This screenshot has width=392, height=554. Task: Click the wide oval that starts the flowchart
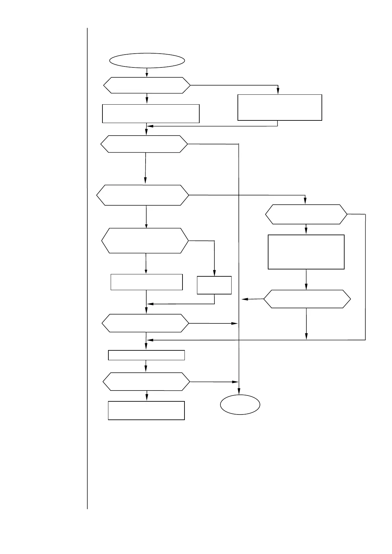[147, 61]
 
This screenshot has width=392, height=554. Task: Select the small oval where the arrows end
[240, 404]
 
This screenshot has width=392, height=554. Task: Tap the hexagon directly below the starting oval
[147, 86]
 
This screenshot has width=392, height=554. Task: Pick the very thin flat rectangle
[146, 355]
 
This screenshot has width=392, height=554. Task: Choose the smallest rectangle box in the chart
[214, 285]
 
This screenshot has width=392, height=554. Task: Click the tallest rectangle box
[306, 252]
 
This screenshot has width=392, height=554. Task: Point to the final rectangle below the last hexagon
[146, 410]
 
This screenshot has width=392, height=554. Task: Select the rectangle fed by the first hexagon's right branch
[280, 107]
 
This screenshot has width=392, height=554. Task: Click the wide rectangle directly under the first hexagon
[151, 113]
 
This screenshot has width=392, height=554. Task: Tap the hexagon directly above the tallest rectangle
[306, 214]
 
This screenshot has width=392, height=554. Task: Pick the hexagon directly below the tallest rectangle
[307, 299]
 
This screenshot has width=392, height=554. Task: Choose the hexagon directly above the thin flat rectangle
[145, 323]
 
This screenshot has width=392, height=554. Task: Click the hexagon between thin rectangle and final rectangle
[146, 382]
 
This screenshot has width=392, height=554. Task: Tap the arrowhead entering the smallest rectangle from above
[214, 273]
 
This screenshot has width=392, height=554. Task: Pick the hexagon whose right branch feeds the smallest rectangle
[145, 240]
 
